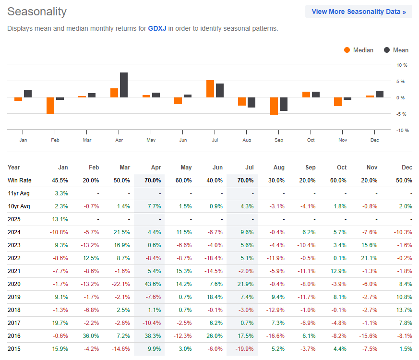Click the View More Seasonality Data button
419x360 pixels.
coord(359,12)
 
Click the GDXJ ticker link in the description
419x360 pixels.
coord(157,29)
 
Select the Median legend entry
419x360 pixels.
coord(359,50)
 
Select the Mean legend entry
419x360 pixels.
coord(396,50)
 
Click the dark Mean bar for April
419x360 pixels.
coord(124,85)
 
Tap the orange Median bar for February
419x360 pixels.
coord(50,106)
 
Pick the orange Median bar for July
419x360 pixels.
coord(210,89)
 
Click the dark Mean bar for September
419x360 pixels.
coord(284,104)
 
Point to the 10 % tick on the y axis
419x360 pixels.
coord(401,65)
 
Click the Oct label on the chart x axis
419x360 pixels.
coord(311,140)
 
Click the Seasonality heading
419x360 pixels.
coord(37,12)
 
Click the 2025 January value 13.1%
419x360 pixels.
coord(60,219)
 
